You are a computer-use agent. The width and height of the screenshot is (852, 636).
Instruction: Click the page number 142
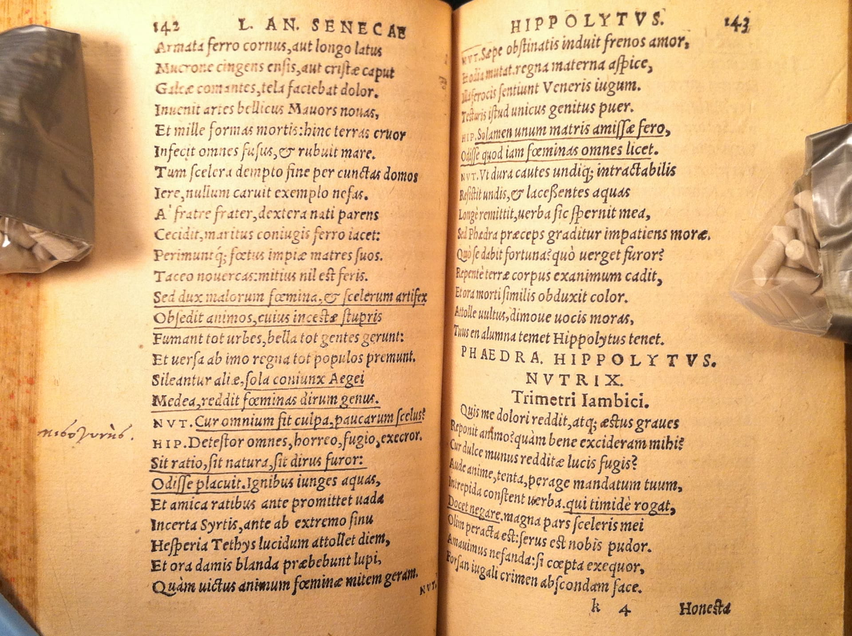click(166, 26)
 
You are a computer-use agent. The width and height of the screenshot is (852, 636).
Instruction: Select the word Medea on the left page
click(174, 401)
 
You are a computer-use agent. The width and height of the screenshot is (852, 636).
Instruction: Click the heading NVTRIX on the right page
click(575, 380)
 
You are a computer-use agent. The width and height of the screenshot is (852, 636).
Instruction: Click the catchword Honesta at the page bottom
click(705, 609)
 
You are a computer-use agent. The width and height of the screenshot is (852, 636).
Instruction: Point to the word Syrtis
click(220, 525)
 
